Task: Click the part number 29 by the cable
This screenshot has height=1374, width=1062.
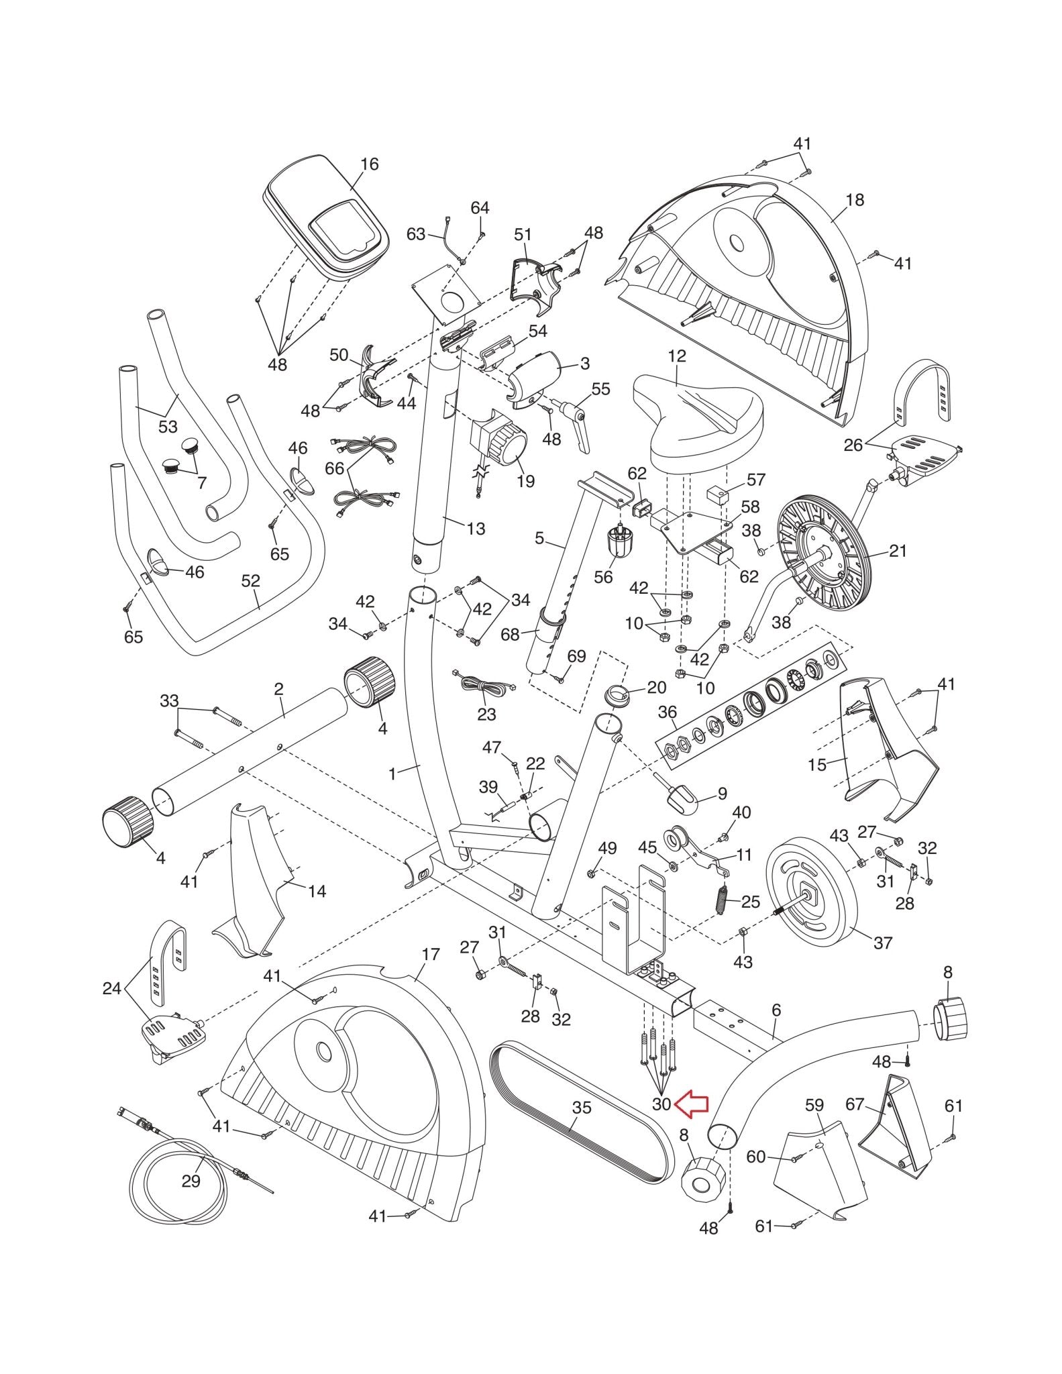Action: pos(191,1181)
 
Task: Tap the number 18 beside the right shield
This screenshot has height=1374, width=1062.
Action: pos(855,200)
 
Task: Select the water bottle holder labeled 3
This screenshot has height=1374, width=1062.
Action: pos(537,380)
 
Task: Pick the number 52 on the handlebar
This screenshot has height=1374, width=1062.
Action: pos(250,581)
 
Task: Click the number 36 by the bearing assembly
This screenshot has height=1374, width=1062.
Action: pos(668,711)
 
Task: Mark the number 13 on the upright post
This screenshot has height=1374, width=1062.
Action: pos(475,529)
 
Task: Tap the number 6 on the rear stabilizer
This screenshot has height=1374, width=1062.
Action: pos(776,1010)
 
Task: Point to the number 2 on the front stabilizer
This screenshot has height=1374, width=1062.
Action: pos(278,689)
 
